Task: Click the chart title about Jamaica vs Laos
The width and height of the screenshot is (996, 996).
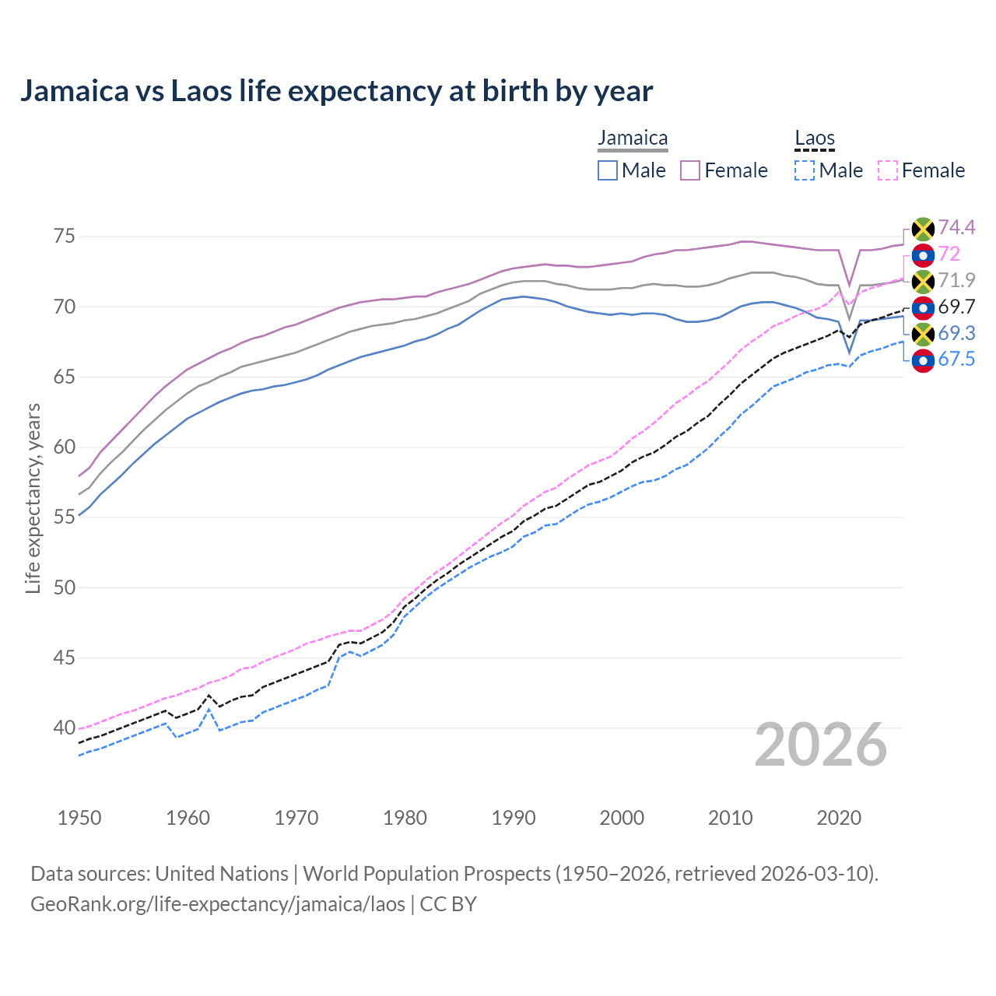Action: click(x=336, y=91)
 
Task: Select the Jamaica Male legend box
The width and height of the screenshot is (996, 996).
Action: click(x=608, y=170)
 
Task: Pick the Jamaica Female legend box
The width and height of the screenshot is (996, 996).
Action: click(x=690, y=170)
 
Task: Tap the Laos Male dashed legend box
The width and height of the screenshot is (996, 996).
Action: click(x=805, y=170)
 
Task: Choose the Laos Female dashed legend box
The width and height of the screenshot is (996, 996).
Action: click(x=888, y=170)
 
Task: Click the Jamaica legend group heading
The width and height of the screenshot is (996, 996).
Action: click(x=633, y=139)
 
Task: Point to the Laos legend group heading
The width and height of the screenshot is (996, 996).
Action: click(x=815, y=139)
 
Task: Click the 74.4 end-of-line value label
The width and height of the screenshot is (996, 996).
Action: click(x=956, y=227)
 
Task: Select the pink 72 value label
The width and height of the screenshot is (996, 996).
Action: click(x=949, y=254)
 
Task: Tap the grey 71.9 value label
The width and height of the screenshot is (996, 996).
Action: click(x=956, y=280)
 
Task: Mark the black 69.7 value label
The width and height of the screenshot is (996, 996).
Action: click(x=956, y=307)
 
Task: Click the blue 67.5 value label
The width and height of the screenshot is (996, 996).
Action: click(x=956, y=359)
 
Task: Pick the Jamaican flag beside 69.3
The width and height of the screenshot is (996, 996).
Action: click(x=923, y=334)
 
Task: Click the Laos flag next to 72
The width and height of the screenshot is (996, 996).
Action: click(x=923, y=254)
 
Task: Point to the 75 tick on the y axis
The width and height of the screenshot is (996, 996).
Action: click(x=65, y=236)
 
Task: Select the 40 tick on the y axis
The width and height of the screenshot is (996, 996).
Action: click(x=65, y=728)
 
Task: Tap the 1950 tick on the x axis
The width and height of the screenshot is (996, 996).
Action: click(x=79, y=818)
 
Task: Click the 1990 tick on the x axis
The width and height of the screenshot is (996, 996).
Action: click(x=514, y=818)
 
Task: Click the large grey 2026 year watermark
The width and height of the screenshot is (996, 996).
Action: click(x=821, y=745)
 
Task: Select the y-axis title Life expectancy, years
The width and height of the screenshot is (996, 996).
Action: click(x=33, y=498)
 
